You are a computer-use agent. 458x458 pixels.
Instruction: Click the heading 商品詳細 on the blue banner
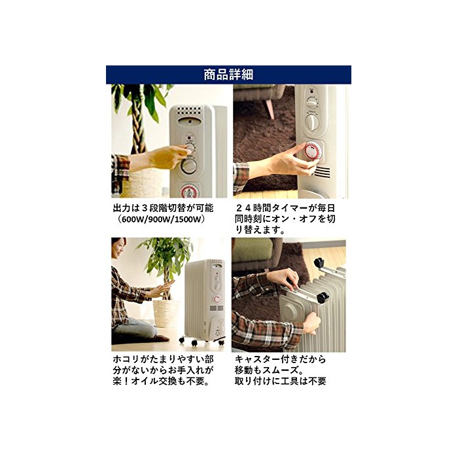[228, 75]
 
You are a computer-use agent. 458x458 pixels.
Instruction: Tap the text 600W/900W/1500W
[159, 219]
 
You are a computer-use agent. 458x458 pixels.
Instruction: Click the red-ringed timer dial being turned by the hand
[313, 152]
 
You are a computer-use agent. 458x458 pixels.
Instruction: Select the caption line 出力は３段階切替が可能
[164, 208]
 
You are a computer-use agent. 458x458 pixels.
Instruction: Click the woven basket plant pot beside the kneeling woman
[166, 313]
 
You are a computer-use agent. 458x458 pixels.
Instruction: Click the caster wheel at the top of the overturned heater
[320, 262]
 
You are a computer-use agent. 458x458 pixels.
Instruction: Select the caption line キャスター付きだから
[281, 359]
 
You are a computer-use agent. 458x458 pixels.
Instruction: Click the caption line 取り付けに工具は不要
[281, 381]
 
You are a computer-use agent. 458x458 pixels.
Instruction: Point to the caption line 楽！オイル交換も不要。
[162, 381]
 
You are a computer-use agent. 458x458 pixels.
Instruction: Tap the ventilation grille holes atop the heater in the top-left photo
[190, 112]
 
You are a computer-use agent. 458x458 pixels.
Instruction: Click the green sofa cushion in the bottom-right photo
[253, 250]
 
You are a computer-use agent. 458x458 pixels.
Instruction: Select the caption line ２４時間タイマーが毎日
[286, 208]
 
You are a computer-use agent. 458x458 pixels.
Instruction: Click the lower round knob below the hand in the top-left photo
[189, 166]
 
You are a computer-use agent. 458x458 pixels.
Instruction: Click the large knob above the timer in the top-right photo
[312, 122]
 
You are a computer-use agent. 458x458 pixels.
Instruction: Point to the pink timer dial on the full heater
[217, 299]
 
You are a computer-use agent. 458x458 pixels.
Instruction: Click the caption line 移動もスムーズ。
[269, 370]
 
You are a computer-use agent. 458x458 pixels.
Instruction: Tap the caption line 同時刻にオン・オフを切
[285, 219]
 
